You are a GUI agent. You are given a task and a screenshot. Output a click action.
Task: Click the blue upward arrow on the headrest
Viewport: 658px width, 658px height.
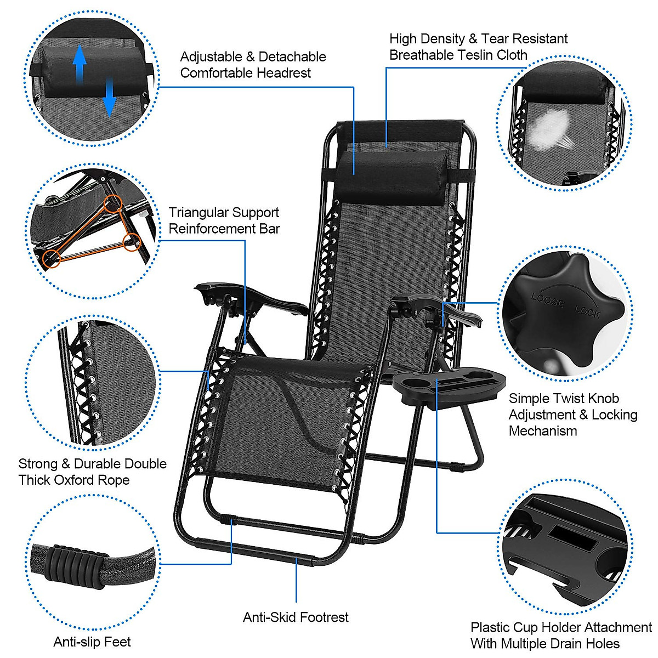click(x=80, y=63)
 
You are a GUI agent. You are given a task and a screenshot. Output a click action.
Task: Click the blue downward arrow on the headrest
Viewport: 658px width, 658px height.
click(x=109, y=97)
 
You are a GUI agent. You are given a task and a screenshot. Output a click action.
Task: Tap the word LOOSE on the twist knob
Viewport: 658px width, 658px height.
click(x=548, y=300)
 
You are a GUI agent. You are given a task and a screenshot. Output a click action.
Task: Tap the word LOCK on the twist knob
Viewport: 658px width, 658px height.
click(x=587, y=312)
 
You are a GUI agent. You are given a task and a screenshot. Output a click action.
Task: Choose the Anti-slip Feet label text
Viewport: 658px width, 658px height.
click(x=92, y=642)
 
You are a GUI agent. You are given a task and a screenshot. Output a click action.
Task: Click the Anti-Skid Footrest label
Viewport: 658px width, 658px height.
click(x=296, y=617)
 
